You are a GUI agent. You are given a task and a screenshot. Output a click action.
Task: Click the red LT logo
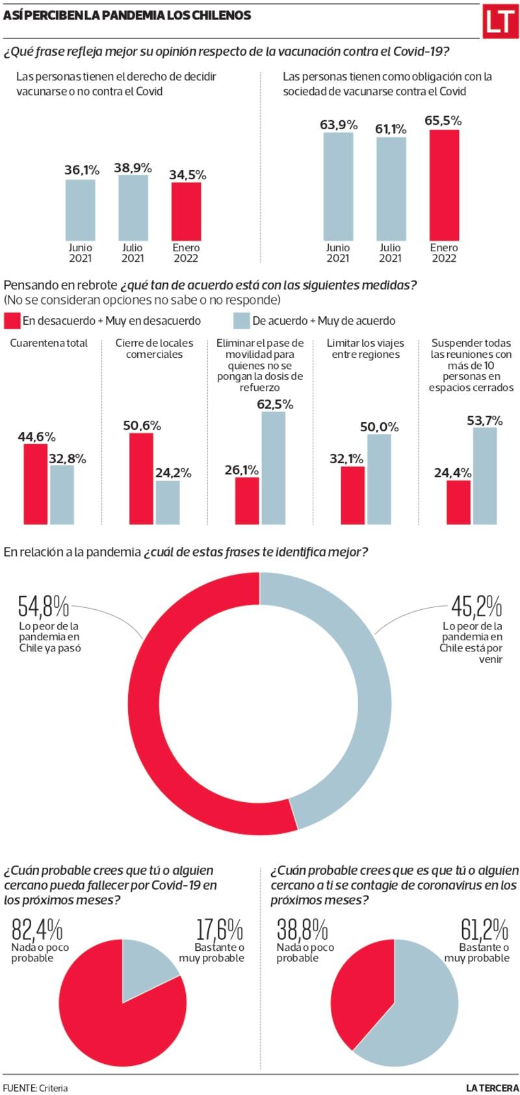point(499,23)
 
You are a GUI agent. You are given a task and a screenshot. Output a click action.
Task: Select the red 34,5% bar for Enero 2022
point(186,212)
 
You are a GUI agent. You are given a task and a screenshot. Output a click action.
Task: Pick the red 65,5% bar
point(444,185)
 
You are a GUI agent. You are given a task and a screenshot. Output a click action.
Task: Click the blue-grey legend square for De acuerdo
point(241,321)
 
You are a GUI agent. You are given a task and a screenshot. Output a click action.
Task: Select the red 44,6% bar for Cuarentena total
point(36,484)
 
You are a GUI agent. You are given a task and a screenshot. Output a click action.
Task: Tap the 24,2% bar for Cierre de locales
point(168,502)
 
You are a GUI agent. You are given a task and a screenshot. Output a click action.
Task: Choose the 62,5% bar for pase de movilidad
point(274,468)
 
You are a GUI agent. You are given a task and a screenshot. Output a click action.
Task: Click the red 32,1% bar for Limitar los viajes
point(352,495)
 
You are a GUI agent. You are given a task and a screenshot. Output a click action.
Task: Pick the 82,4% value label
point(36,930)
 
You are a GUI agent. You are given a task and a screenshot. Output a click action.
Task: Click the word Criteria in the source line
point(53,1088)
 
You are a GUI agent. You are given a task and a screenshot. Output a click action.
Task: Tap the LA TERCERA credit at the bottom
point(492,1088)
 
